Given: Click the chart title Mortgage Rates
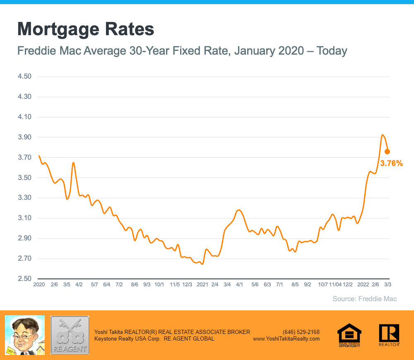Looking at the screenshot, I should pos(86,30).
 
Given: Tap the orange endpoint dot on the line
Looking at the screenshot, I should pos(387,151).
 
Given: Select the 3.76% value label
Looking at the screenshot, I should pos(391,163).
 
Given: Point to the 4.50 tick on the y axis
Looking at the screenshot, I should pos(24,77).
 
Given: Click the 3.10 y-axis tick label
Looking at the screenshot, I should pos(24,218).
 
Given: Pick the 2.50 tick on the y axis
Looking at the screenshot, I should pos(24,279).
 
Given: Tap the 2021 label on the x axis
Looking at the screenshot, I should pos(202,285).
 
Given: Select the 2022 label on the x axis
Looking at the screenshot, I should pos(363,285).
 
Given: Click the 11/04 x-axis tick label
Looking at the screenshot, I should pos(335,285).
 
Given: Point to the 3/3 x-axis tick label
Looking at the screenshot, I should pos(388,285).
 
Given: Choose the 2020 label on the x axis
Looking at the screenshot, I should pos(39,285).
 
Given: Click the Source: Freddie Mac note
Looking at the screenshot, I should pos(364,299).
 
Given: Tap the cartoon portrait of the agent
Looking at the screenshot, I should pos(24,335).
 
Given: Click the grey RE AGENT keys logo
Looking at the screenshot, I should pos(70,335).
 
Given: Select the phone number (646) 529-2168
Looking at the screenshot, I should pos(301,332).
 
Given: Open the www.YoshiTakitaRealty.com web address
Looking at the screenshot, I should pos(286,338).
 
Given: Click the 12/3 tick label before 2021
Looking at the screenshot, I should pos(187,285).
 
